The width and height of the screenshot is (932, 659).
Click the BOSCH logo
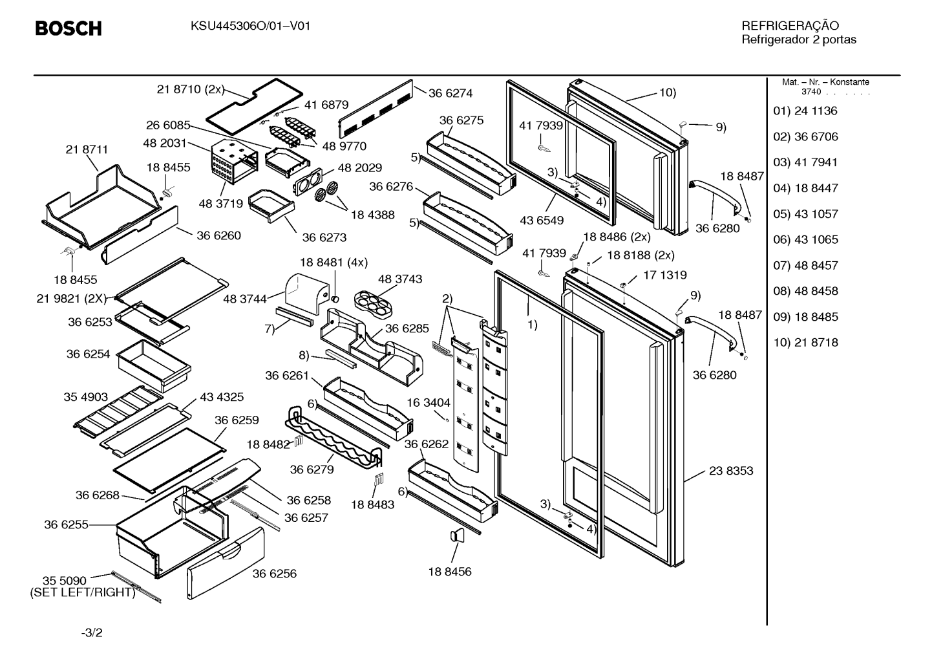pyautogui.click(x=69, y=28)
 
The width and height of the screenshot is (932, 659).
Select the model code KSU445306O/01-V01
pyautogui.click(x=251, y=27)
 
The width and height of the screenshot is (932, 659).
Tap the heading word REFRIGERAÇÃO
pyautogui.click(x=790, y=25)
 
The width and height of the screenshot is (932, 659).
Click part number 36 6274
pyautogui.click(x=450, y=93)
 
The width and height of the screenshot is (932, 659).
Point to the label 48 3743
pyautogui.click(x=400, y=279)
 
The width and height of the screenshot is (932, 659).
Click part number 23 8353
pyautogui.click(x=731, y=471)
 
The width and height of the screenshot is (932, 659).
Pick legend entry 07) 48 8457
pyautogui.click(x=805, y=266)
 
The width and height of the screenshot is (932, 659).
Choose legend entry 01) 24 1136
pyautogui.click(x=805, y=111)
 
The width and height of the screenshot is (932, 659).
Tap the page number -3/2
pyautogui.click(x=92, y=632)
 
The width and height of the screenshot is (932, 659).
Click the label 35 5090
pyautogui.click(x=65, y=581)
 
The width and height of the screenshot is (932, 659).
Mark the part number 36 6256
pyautogui.click(x=275, y=574)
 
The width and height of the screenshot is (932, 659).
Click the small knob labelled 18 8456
pyautogui.click(x=457, y=535)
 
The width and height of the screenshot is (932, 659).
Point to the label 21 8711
pyautogui.click(x=87, y=149)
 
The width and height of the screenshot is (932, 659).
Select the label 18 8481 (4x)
pyautogui.click(x=334, y=263)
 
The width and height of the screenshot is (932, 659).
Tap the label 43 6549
pyautogui.click(x=542, y=221)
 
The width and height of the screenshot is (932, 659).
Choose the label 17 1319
pyautogui.click(x=665, y=275)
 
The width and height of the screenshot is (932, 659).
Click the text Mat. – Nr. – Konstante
pyautogui.click(x=825, y=82)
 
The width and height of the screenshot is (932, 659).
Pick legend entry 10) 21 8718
pyautogui.click(x=805, y=343)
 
